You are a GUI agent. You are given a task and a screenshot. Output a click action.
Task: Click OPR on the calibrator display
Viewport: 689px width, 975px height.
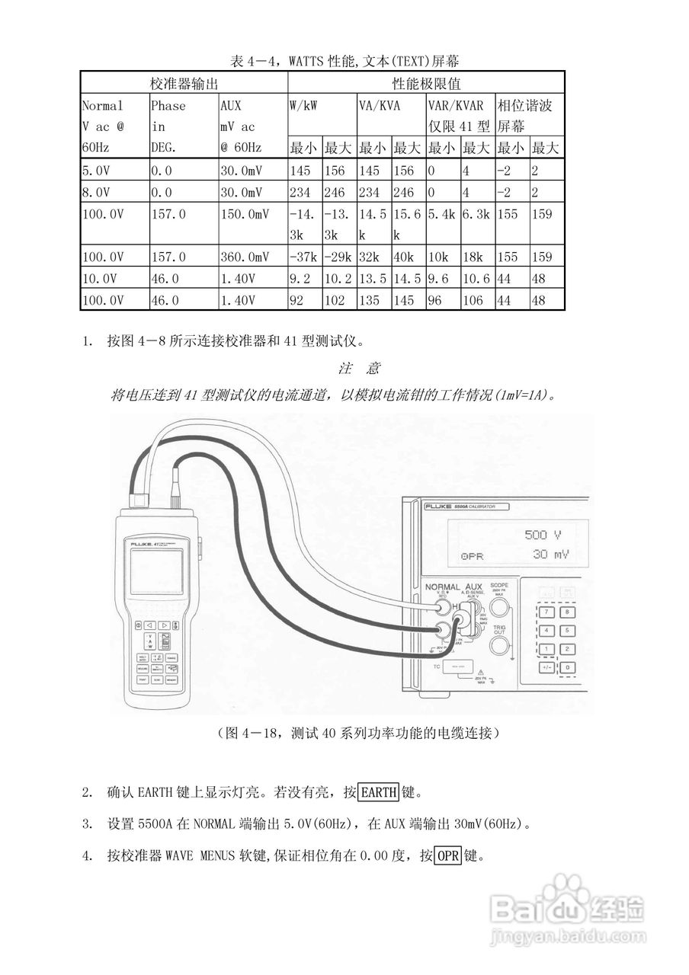click(473, 556)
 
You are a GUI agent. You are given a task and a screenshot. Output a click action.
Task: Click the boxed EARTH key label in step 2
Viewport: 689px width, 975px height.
click(379, 792)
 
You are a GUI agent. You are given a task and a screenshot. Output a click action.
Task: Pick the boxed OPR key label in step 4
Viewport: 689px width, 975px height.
click(448, 856)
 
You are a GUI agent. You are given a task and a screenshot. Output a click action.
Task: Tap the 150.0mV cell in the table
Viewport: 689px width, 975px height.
click(245, 215)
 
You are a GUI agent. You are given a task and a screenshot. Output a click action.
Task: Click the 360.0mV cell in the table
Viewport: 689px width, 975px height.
click(245, 257)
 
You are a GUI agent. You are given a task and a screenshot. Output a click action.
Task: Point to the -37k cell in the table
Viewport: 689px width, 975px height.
click(304, 257)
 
